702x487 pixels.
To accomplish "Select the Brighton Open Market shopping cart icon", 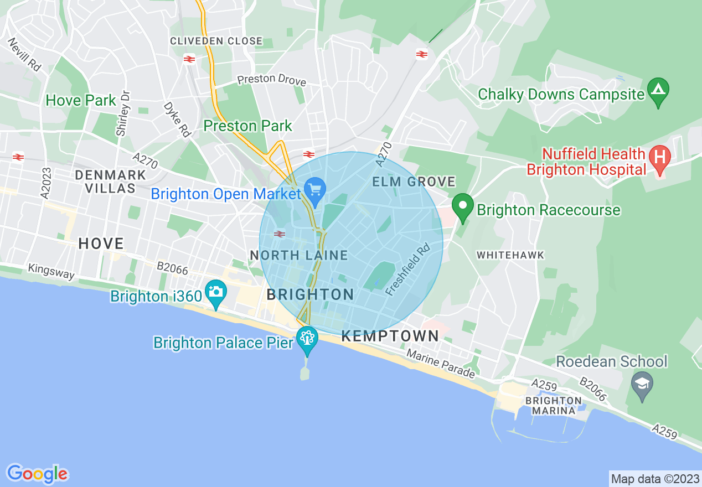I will (x=316, y=190).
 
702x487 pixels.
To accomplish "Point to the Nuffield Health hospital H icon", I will (x=660, y=157).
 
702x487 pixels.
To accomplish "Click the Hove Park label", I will (x=81, y=101).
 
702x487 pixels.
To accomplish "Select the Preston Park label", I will (x=247, y=126).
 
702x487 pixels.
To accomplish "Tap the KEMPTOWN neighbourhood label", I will (x=390, y=336).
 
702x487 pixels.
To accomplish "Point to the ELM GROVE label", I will (x=414, y=182).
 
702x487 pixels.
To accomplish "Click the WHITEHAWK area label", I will (x=510, y=255).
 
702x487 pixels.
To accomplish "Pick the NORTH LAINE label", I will (x=298, y=255).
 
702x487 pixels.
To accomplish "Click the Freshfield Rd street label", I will (x=408, y=270).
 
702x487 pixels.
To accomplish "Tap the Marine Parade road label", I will (x=441, y=364).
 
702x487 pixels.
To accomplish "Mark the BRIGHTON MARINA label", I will (x=554, y=406).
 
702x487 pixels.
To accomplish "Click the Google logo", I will (x=37, y=474).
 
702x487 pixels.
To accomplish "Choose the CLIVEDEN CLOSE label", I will (x=216, y=41).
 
